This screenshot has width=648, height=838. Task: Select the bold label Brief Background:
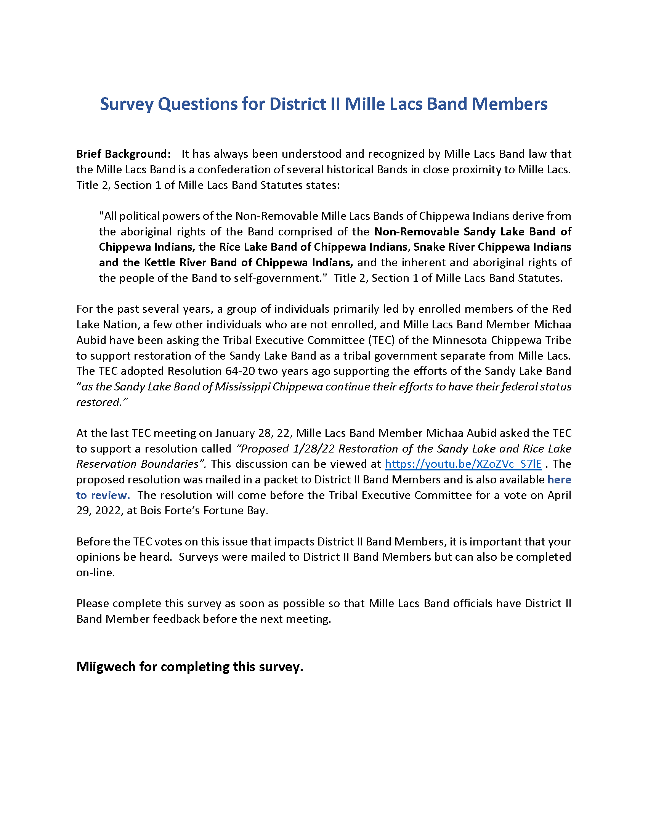[x=123, y=154]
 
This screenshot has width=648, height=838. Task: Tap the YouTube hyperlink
[x=463, y=464]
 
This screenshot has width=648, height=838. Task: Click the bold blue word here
[x=559, y=480]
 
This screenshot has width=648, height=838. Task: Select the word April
[x=559, y=495]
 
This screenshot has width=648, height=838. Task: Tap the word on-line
[x=95, y=573]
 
